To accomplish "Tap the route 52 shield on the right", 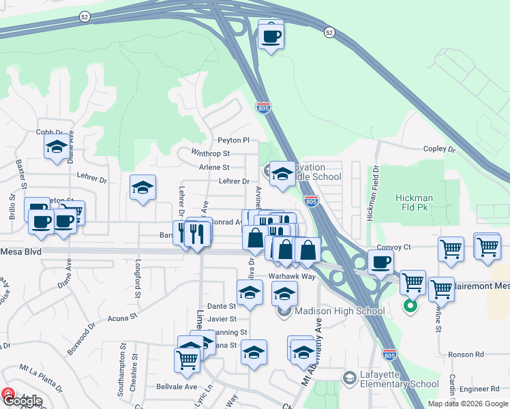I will tap(329, 32).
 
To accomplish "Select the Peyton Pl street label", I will tap(233, 140).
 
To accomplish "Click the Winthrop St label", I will tap(211, 153).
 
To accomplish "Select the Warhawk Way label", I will tap(292, 276).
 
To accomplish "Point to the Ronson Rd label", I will tap(466, 354).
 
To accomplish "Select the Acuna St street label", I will tap(123, 316).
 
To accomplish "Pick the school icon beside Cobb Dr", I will tap(57, 146).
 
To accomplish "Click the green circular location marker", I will tap(410, 306).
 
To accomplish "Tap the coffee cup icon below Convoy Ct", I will tap(380, 261).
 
